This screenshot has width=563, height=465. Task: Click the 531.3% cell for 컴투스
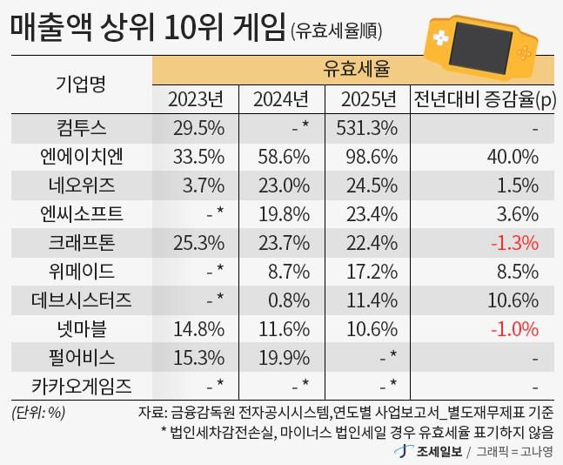(366, 129)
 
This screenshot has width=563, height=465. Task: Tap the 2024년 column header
(281, 99)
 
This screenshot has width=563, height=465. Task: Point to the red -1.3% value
(513, 242)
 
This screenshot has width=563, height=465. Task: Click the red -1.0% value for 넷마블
(513, 328)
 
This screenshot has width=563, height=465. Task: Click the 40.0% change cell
(513, 157)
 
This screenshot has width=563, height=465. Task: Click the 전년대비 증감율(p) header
(485, 99)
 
